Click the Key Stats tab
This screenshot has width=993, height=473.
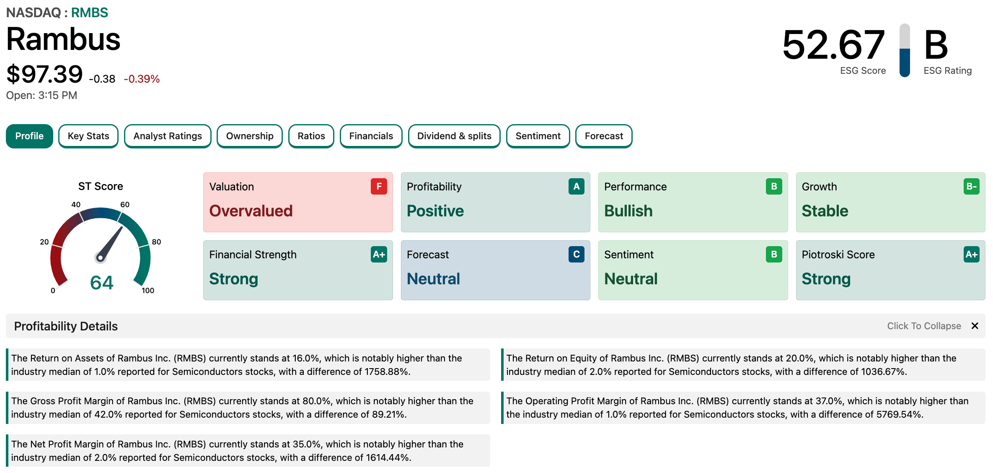[88, 136]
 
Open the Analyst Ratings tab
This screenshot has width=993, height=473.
[168, 136]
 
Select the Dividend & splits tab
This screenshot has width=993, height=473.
[454, 136]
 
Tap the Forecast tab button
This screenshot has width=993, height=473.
[604, 136]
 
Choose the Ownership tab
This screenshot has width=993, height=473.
[250, 136]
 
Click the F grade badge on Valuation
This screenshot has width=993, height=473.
[379, 186]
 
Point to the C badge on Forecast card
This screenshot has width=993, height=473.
[576, 254]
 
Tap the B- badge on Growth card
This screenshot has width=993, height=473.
[971, 186]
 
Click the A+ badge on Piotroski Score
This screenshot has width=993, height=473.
[971, 254]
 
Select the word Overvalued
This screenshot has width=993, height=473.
[251, 211]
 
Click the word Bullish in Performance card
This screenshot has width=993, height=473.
[628, 211]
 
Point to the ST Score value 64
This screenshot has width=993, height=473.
[102, 283]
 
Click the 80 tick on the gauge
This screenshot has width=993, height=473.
[156, 242]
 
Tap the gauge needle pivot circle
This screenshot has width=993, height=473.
[100, 257]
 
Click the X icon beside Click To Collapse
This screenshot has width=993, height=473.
[975, 326]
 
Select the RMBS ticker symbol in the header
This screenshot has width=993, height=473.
[90, 13]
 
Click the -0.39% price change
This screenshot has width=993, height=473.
[142, 79]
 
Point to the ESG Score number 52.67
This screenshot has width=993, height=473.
[833, 44]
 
